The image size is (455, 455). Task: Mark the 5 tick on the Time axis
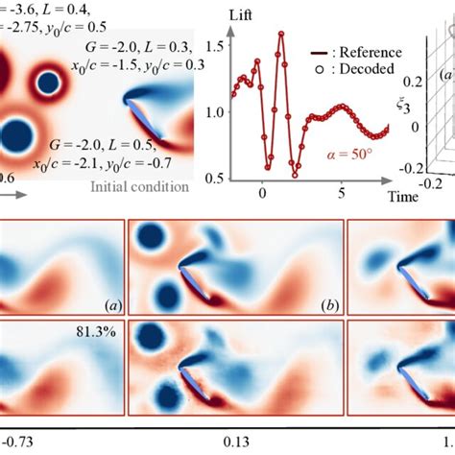[x=342, y=191]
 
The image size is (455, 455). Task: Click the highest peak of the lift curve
[x=281, y=35]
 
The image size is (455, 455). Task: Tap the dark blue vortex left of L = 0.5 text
[x=18, y=133]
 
